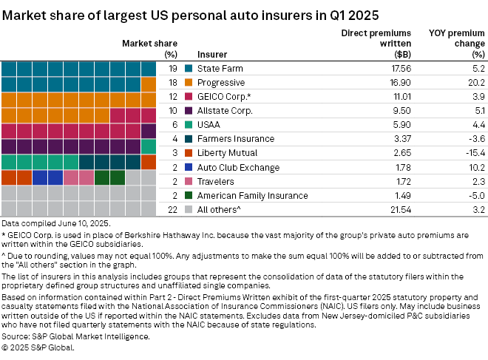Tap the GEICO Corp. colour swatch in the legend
(189, 96)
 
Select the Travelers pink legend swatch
(189, 181)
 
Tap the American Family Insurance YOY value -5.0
(474, 196)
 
